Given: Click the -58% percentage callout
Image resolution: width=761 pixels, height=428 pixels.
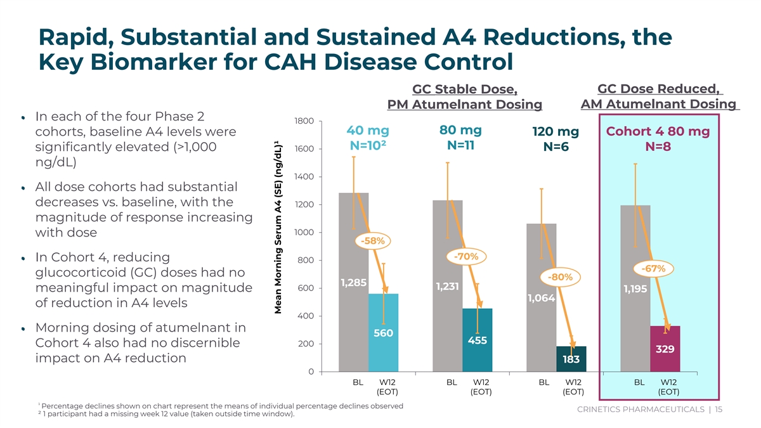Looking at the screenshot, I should (x=372, y=241).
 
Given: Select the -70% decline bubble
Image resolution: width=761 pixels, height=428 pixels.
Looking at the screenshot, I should (x=466, y=257).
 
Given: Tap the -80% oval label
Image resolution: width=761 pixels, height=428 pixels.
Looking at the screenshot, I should (x=561, y=277).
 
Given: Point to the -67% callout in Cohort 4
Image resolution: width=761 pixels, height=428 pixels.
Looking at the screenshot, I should (x=653, y=268).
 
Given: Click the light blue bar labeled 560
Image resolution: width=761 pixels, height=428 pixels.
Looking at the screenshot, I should (x=384, y=333).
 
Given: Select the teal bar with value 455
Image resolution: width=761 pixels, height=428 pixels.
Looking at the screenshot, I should (x=478, y=340).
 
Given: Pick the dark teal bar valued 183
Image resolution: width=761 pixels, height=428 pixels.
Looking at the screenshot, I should (x=571, y=359).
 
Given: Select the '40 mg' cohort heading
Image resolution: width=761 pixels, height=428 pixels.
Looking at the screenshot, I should (x=368, y=131).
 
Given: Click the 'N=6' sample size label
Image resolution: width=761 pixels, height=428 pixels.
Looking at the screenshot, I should (x=556, y=147).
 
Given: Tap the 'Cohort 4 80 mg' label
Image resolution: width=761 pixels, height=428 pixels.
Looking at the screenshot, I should (x=658, y=132).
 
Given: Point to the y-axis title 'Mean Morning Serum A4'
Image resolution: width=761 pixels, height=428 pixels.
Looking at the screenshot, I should (x=278, y=254).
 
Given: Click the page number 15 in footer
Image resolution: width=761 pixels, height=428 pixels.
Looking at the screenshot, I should (x=718, y=410).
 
